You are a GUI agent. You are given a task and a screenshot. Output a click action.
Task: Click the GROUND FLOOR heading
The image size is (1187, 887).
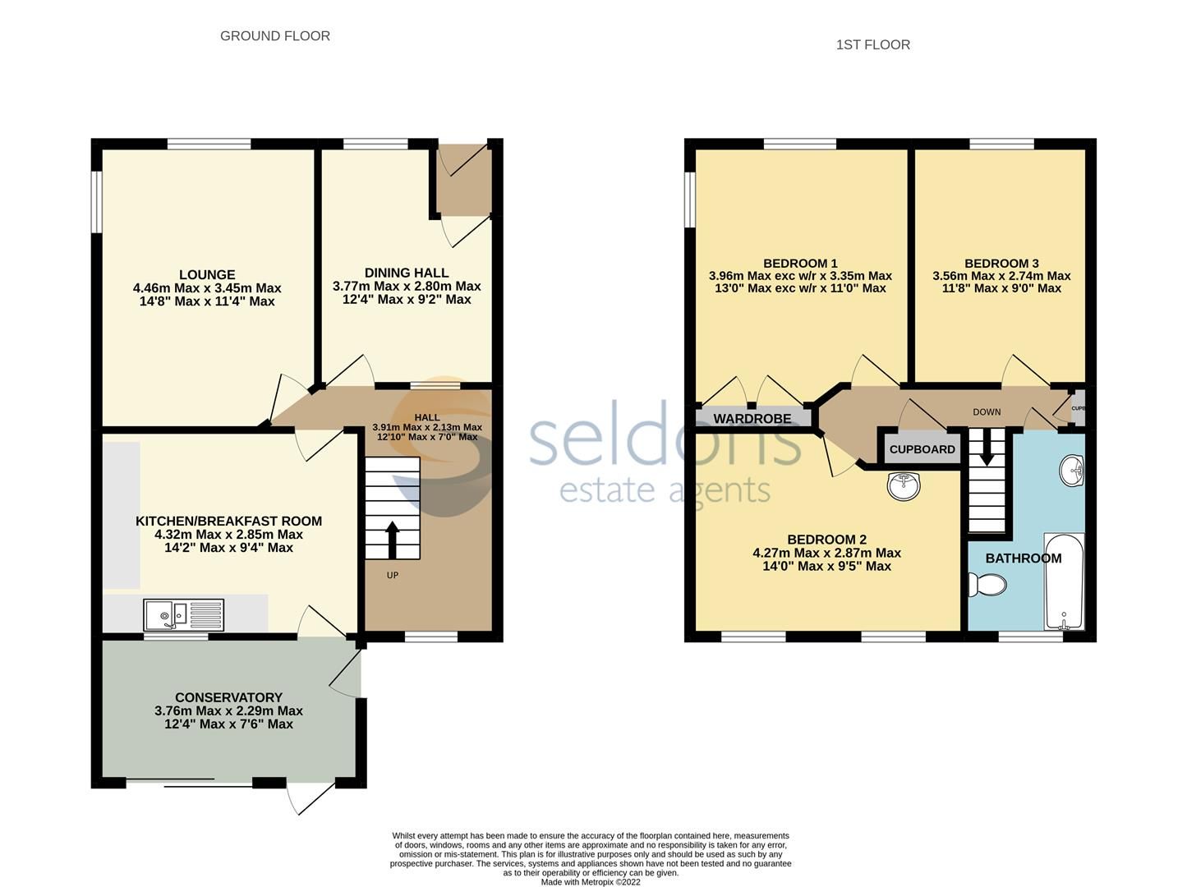(x=274, y=36)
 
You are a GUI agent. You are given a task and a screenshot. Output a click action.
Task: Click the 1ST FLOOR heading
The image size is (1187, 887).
(x=872, y=45)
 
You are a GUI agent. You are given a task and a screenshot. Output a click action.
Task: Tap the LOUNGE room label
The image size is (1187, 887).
(x=207, y=274)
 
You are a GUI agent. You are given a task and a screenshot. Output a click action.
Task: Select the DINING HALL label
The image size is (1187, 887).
(x=407, y=273)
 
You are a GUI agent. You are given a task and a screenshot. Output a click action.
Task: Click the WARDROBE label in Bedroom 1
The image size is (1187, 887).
(x=752, y=419)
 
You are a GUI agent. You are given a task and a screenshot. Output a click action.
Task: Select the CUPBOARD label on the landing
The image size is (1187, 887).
(x=922, y=449)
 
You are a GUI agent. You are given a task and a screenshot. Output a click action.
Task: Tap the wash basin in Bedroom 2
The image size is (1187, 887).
(x=904, y=485)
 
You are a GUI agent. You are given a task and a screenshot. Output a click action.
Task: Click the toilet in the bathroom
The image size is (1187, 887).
(x=987, y=586)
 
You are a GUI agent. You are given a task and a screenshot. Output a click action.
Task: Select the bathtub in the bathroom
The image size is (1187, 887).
(x=1064, y=581)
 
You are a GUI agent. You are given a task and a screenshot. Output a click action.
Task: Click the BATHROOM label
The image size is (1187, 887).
(x=1023, y=558)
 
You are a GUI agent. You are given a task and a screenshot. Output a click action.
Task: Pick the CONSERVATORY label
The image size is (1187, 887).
(x=228, y=697)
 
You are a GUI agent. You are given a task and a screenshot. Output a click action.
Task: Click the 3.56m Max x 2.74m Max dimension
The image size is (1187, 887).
(x=1001, y=276)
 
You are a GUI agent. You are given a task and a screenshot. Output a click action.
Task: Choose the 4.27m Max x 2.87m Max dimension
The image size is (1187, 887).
(x=826, y=553)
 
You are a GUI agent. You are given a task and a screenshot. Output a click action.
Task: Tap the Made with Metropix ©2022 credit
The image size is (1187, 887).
(x=591, y=882)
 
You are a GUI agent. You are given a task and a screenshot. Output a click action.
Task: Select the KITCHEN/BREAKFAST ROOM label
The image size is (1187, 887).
(x=228, y=521)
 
